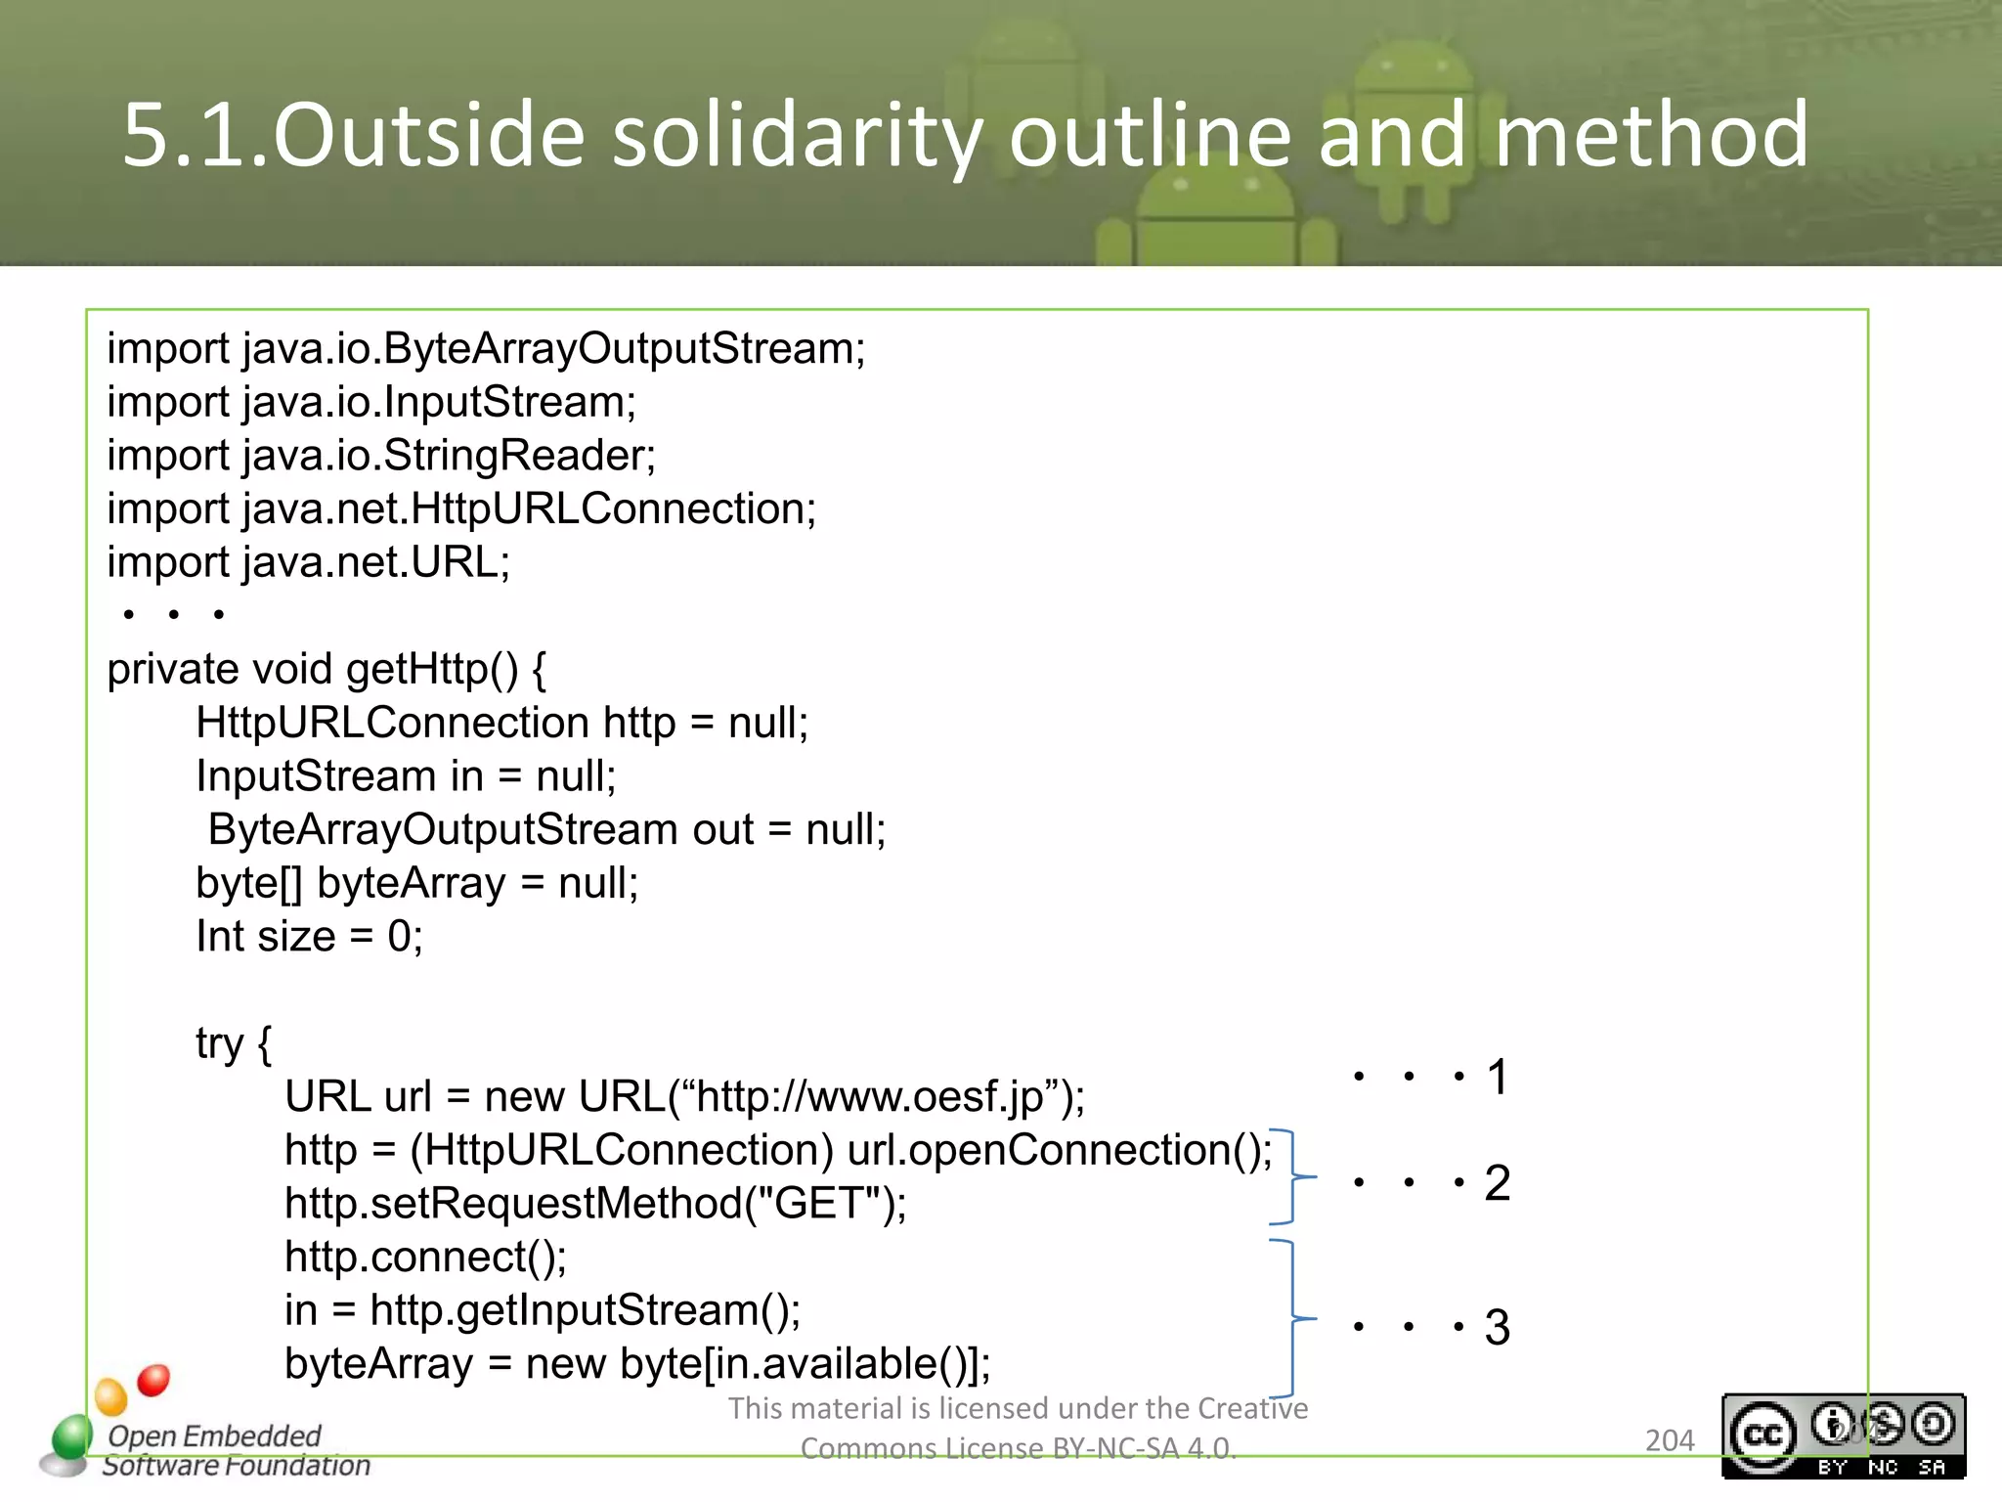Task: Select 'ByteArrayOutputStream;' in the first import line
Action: pos(624,349)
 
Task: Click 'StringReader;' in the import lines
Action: pos(519,456)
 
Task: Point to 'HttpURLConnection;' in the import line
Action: pos(613,508)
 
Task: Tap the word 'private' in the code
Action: pos(172,670)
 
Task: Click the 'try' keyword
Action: pos(219,1044)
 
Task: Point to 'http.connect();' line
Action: pos(425,1258)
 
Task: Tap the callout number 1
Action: pos(1497,1078)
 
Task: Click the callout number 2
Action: pos(1497,1183)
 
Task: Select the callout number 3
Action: pos(1497,1328)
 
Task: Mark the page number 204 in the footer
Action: pos(1669,1440)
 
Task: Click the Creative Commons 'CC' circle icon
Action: pos(1763,1436)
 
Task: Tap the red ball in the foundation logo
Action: pos(153,1380)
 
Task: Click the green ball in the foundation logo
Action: pos(72,1436)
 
